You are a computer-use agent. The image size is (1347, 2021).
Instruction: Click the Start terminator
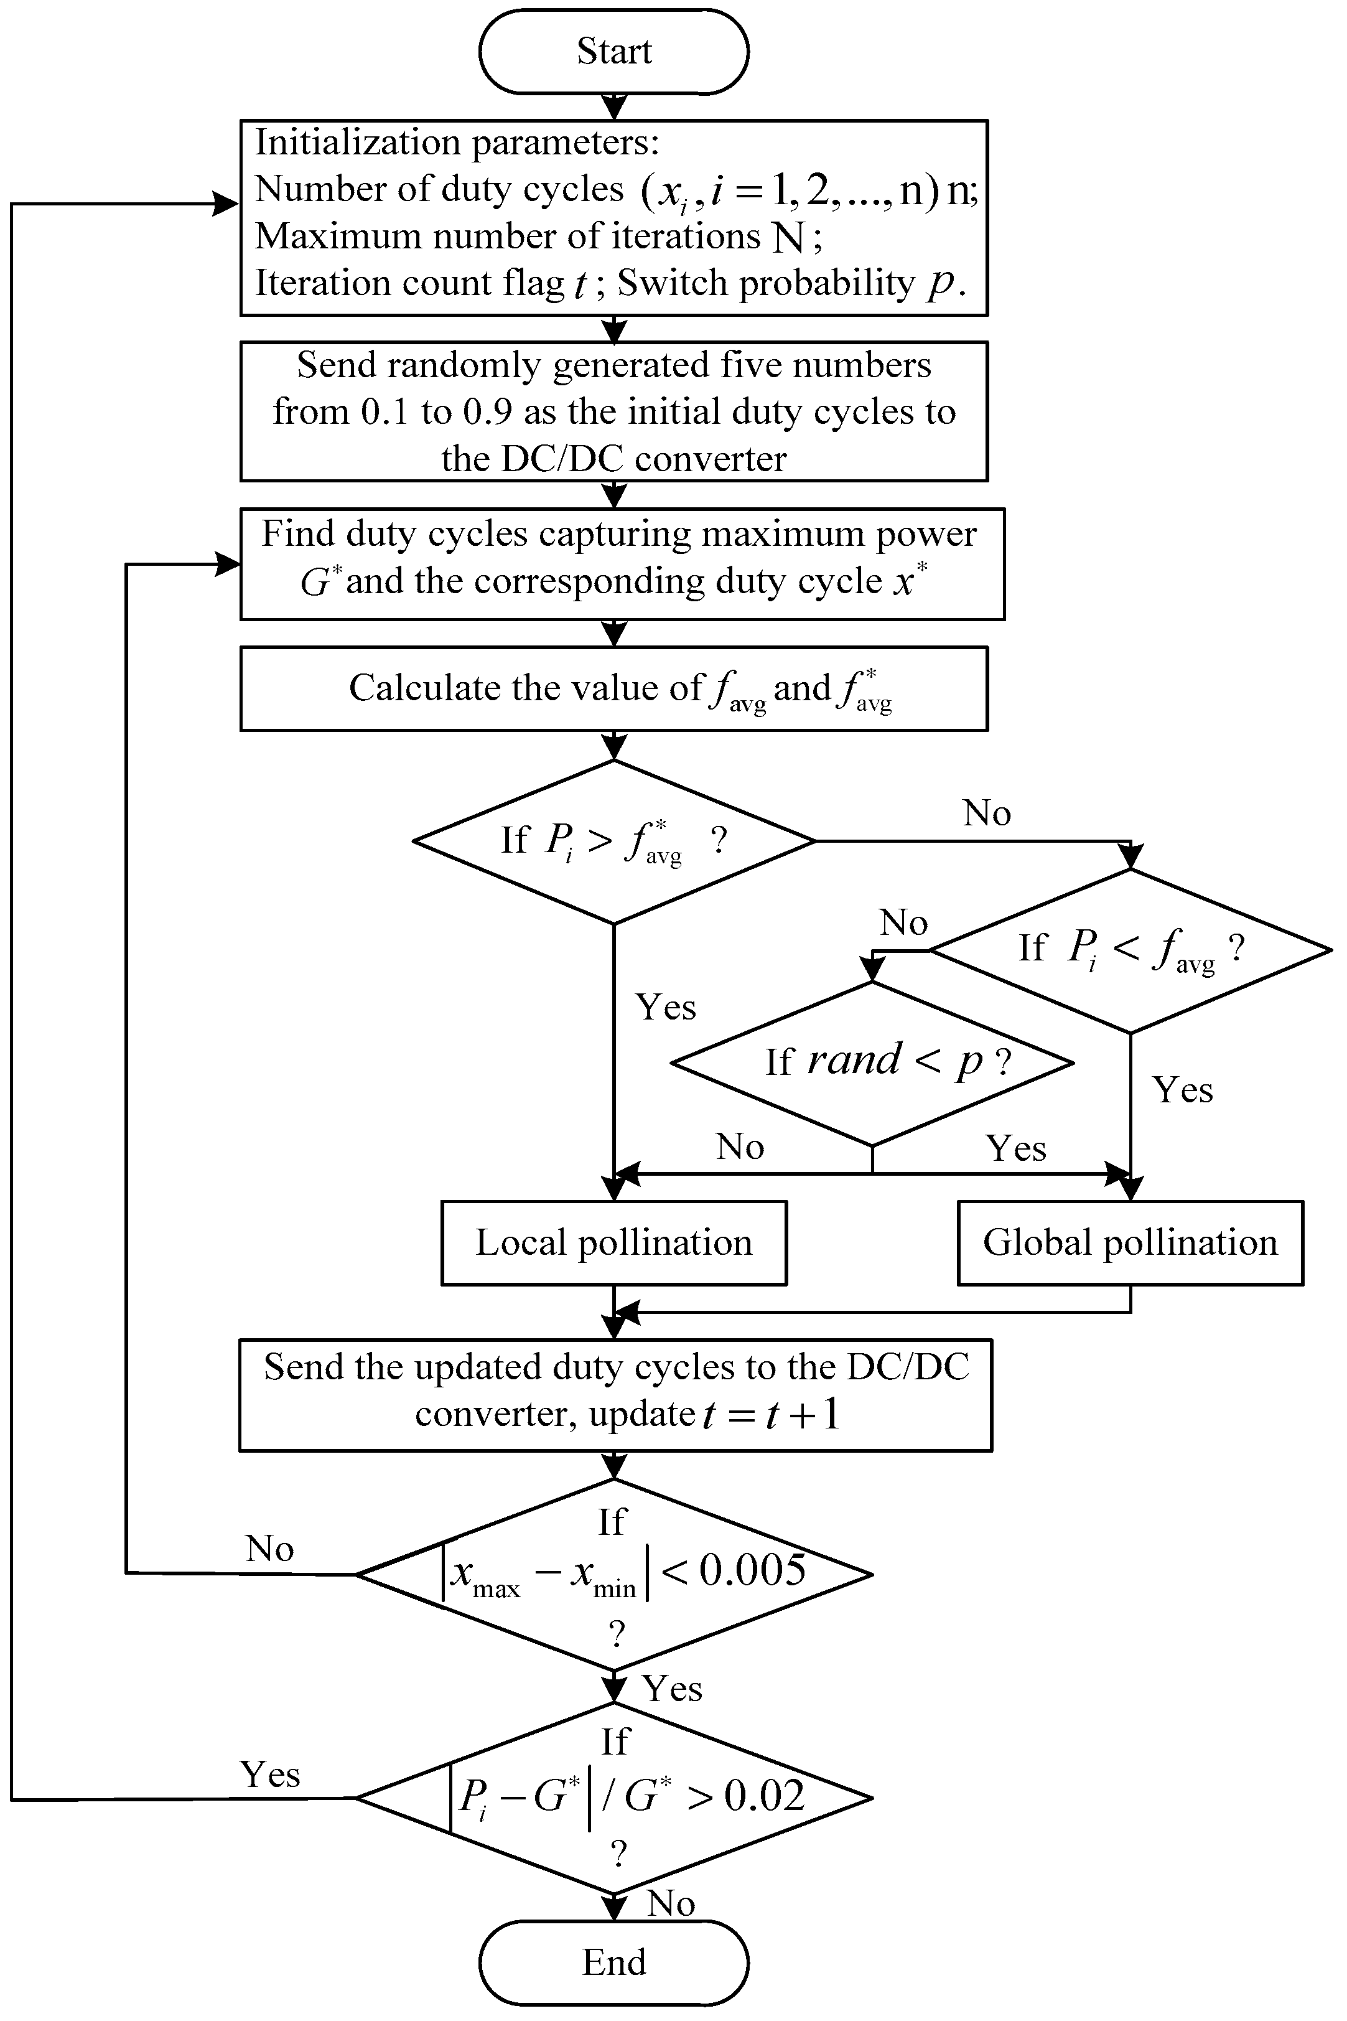point(613,52)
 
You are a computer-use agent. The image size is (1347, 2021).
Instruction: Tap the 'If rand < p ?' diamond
point(872,1063)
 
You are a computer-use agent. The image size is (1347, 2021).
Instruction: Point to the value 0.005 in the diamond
point(753,1570)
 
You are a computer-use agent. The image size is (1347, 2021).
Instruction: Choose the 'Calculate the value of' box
point(613,689)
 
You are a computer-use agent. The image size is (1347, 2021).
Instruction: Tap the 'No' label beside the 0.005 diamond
point(270,1549)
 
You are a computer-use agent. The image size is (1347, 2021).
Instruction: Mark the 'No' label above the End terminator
point(671,1903)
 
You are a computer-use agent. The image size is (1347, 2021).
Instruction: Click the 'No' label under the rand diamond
point(740,1146)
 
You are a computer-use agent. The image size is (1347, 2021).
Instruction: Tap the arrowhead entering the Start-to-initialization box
point(613,108)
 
